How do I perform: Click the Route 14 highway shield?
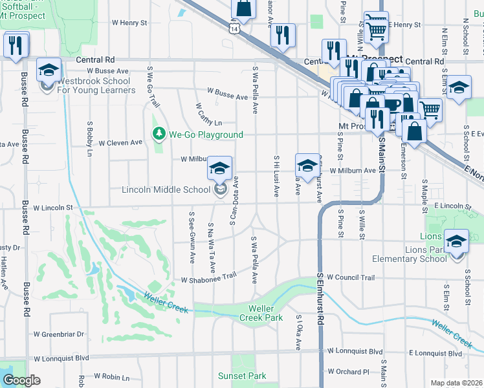click(x=240, y=29)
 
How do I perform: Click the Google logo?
click(x=21, y=380)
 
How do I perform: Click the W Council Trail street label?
click(x=350, y=277)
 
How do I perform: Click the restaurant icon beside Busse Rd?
click(x=13, y=45)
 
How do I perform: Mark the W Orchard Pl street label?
click(x=347, y=372)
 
